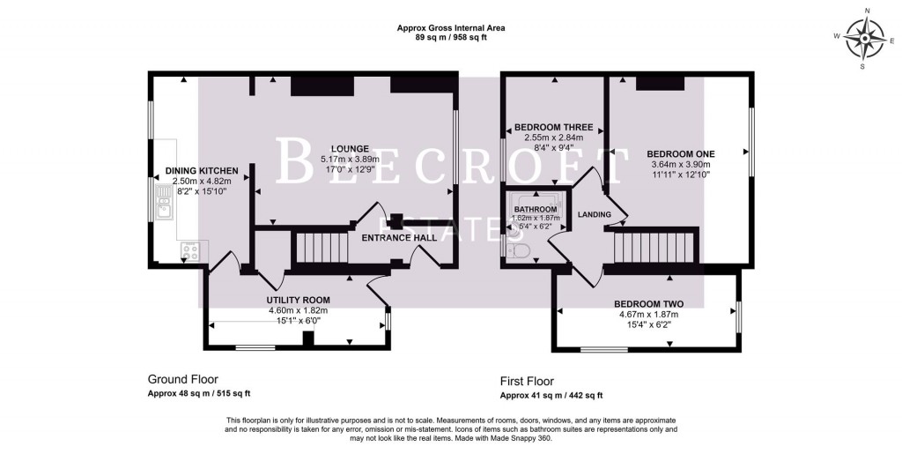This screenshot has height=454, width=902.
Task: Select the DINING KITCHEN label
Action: (202, 170)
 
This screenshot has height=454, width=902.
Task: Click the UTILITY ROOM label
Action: (298, 300)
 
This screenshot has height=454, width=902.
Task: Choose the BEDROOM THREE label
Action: (553, 127)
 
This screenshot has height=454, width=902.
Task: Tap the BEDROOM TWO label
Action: (648, 303)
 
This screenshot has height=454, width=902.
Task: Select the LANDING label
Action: (595, 214)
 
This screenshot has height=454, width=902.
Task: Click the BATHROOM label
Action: (536, 209)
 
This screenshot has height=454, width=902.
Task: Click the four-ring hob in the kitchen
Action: (189, 251)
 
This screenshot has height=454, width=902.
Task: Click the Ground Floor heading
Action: (182, 379)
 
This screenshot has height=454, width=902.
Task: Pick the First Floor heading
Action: (527, 381)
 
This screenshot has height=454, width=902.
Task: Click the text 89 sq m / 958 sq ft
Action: (450, 39)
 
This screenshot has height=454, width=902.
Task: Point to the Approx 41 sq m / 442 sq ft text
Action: (551, 395)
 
